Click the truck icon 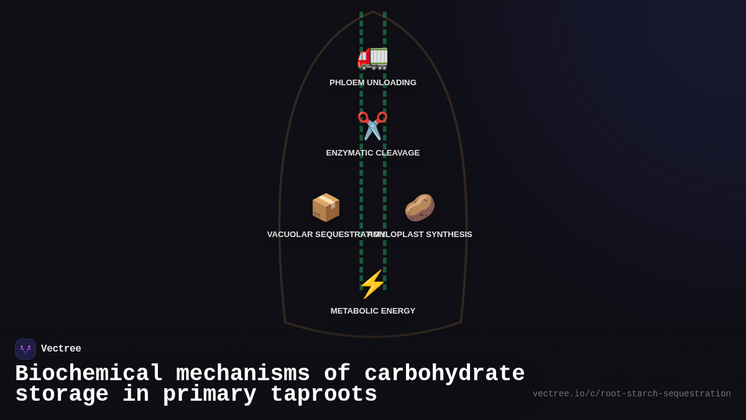[x=372, y=57]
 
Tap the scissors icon [x=372, y=126]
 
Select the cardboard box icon [x=326, y=207]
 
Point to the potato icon [x=420, y=207]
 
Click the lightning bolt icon [x=372, y=284]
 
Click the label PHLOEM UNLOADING [x=373, y=83]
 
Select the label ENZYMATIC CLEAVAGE [x=373, y=153]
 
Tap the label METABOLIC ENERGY [x=373, y=311]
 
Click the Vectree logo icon [x=25, y=349]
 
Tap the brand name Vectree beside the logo [x=61, y=349]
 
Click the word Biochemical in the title [x=89, y=374]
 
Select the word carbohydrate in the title [x=444, y=374]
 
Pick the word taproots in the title [x=324, y=394]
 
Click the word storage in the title [x=62, y=394]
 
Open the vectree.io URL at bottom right [x=632, y=394]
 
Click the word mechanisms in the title [x=243, y=374]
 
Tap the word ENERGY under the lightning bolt [x=398, y=311]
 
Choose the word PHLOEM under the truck [x=347, y=83]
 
